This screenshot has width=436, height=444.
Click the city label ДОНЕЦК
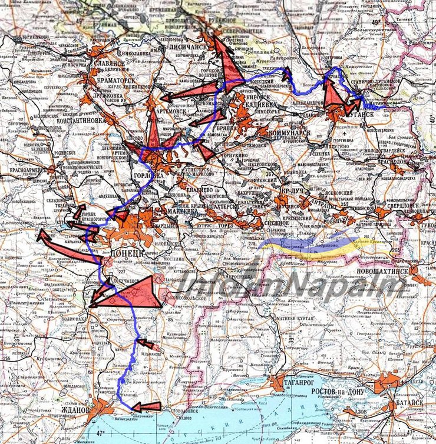[x=127, y=253]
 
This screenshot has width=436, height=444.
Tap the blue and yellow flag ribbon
[x=306, y=246]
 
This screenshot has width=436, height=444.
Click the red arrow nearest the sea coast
[x=146, y=406]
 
